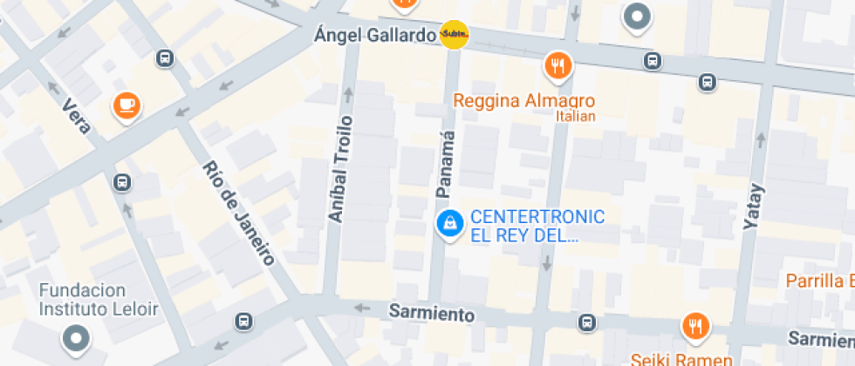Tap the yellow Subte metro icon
[x=454, y=35]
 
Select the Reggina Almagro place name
[x=523, y=100]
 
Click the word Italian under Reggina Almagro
[x=577, y=117]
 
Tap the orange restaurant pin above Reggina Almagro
[x=557, y=64]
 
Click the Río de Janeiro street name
[x=238, y=213]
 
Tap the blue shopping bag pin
[x=449, y=224]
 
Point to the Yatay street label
[x=752, y=207]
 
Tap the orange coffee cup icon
[x=127, y=106]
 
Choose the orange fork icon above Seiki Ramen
[x=695, y=326]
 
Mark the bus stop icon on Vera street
[x=122, y=183]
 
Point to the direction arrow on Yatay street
[x=760, y=139]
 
